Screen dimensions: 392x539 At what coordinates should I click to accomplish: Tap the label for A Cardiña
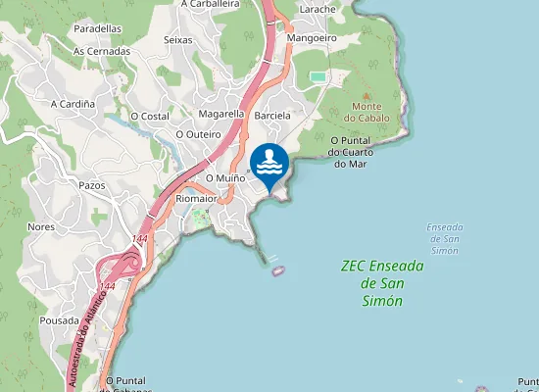pos(73,102)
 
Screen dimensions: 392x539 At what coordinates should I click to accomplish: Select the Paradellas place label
pos(98,29)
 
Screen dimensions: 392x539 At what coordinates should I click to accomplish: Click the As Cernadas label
pos(102,51)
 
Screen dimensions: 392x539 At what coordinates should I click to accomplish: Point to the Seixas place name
pos(178,40)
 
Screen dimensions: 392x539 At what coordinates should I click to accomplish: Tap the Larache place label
pos(318,9)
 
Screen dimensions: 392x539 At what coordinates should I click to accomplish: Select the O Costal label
pos(149,116)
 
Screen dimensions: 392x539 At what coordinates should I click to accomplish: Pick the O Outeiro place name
pos(195,133)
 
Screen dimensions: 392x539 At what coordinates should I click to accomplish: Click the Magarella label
pos(220,114)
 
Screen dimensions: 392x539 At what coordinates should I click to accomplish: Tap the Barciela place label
pos(272,115)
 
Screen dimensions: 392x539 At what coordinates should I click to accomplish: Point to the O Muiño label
pos(224,177)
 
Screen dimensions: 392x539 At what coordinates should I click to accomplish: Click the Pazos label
pos(91,184)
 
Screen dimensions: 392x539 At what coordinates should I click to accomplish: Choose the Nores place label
pos(42,226)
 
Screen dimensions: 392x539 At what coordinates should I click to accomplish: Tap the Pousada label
pos(59,319)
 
